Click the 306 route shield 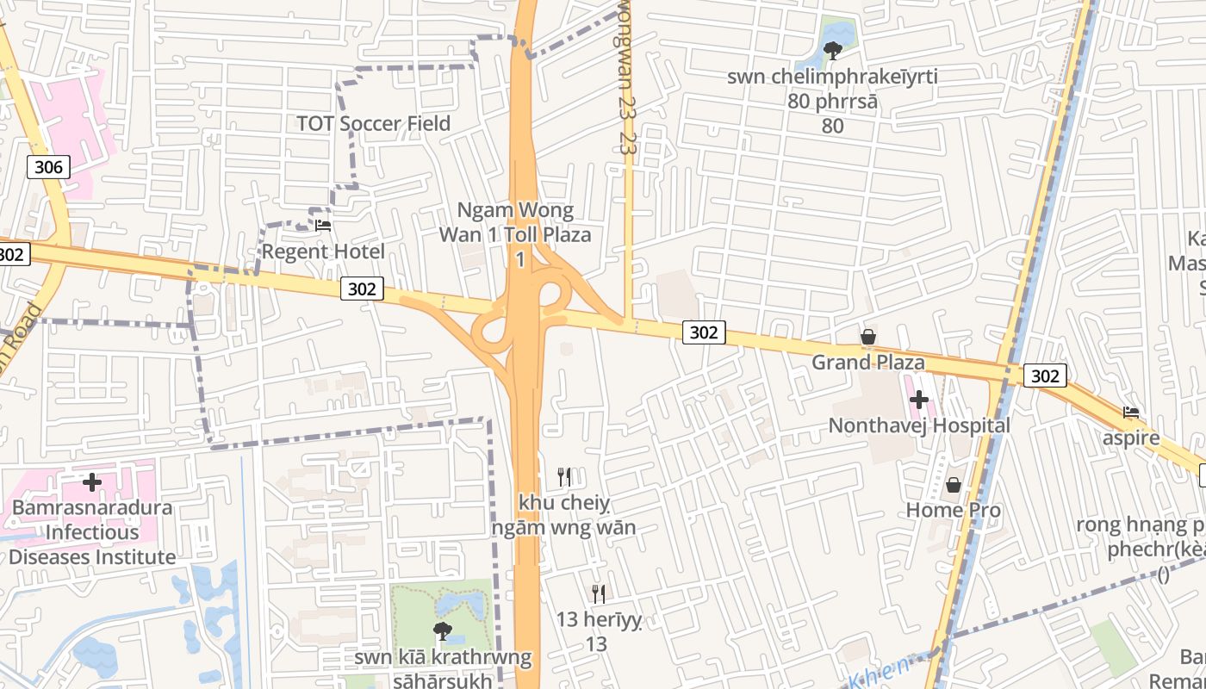48,166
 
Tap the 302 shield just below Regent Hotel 362,289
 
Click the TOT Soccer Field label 373,123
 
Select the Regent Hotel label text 323,251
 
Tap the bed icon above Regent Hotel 323,226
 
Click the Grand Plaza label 867,362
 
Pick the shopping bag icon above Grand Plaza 867,337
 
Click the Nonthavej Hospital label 919,425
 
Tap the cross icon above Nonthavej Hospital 919,400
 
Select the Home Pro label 953,510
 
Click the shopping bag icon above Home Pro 953,485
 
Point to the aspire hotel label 1131,438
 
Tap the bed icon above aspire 1131,413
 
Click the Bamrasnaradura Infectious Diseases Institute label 92,532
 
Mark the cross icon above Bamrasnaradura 92,482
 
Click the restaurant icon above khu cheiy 564,476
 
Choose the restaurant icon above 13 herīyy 598,593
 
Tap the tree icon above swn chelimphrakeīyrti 832,51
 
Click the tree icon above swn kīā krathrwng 443,631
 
